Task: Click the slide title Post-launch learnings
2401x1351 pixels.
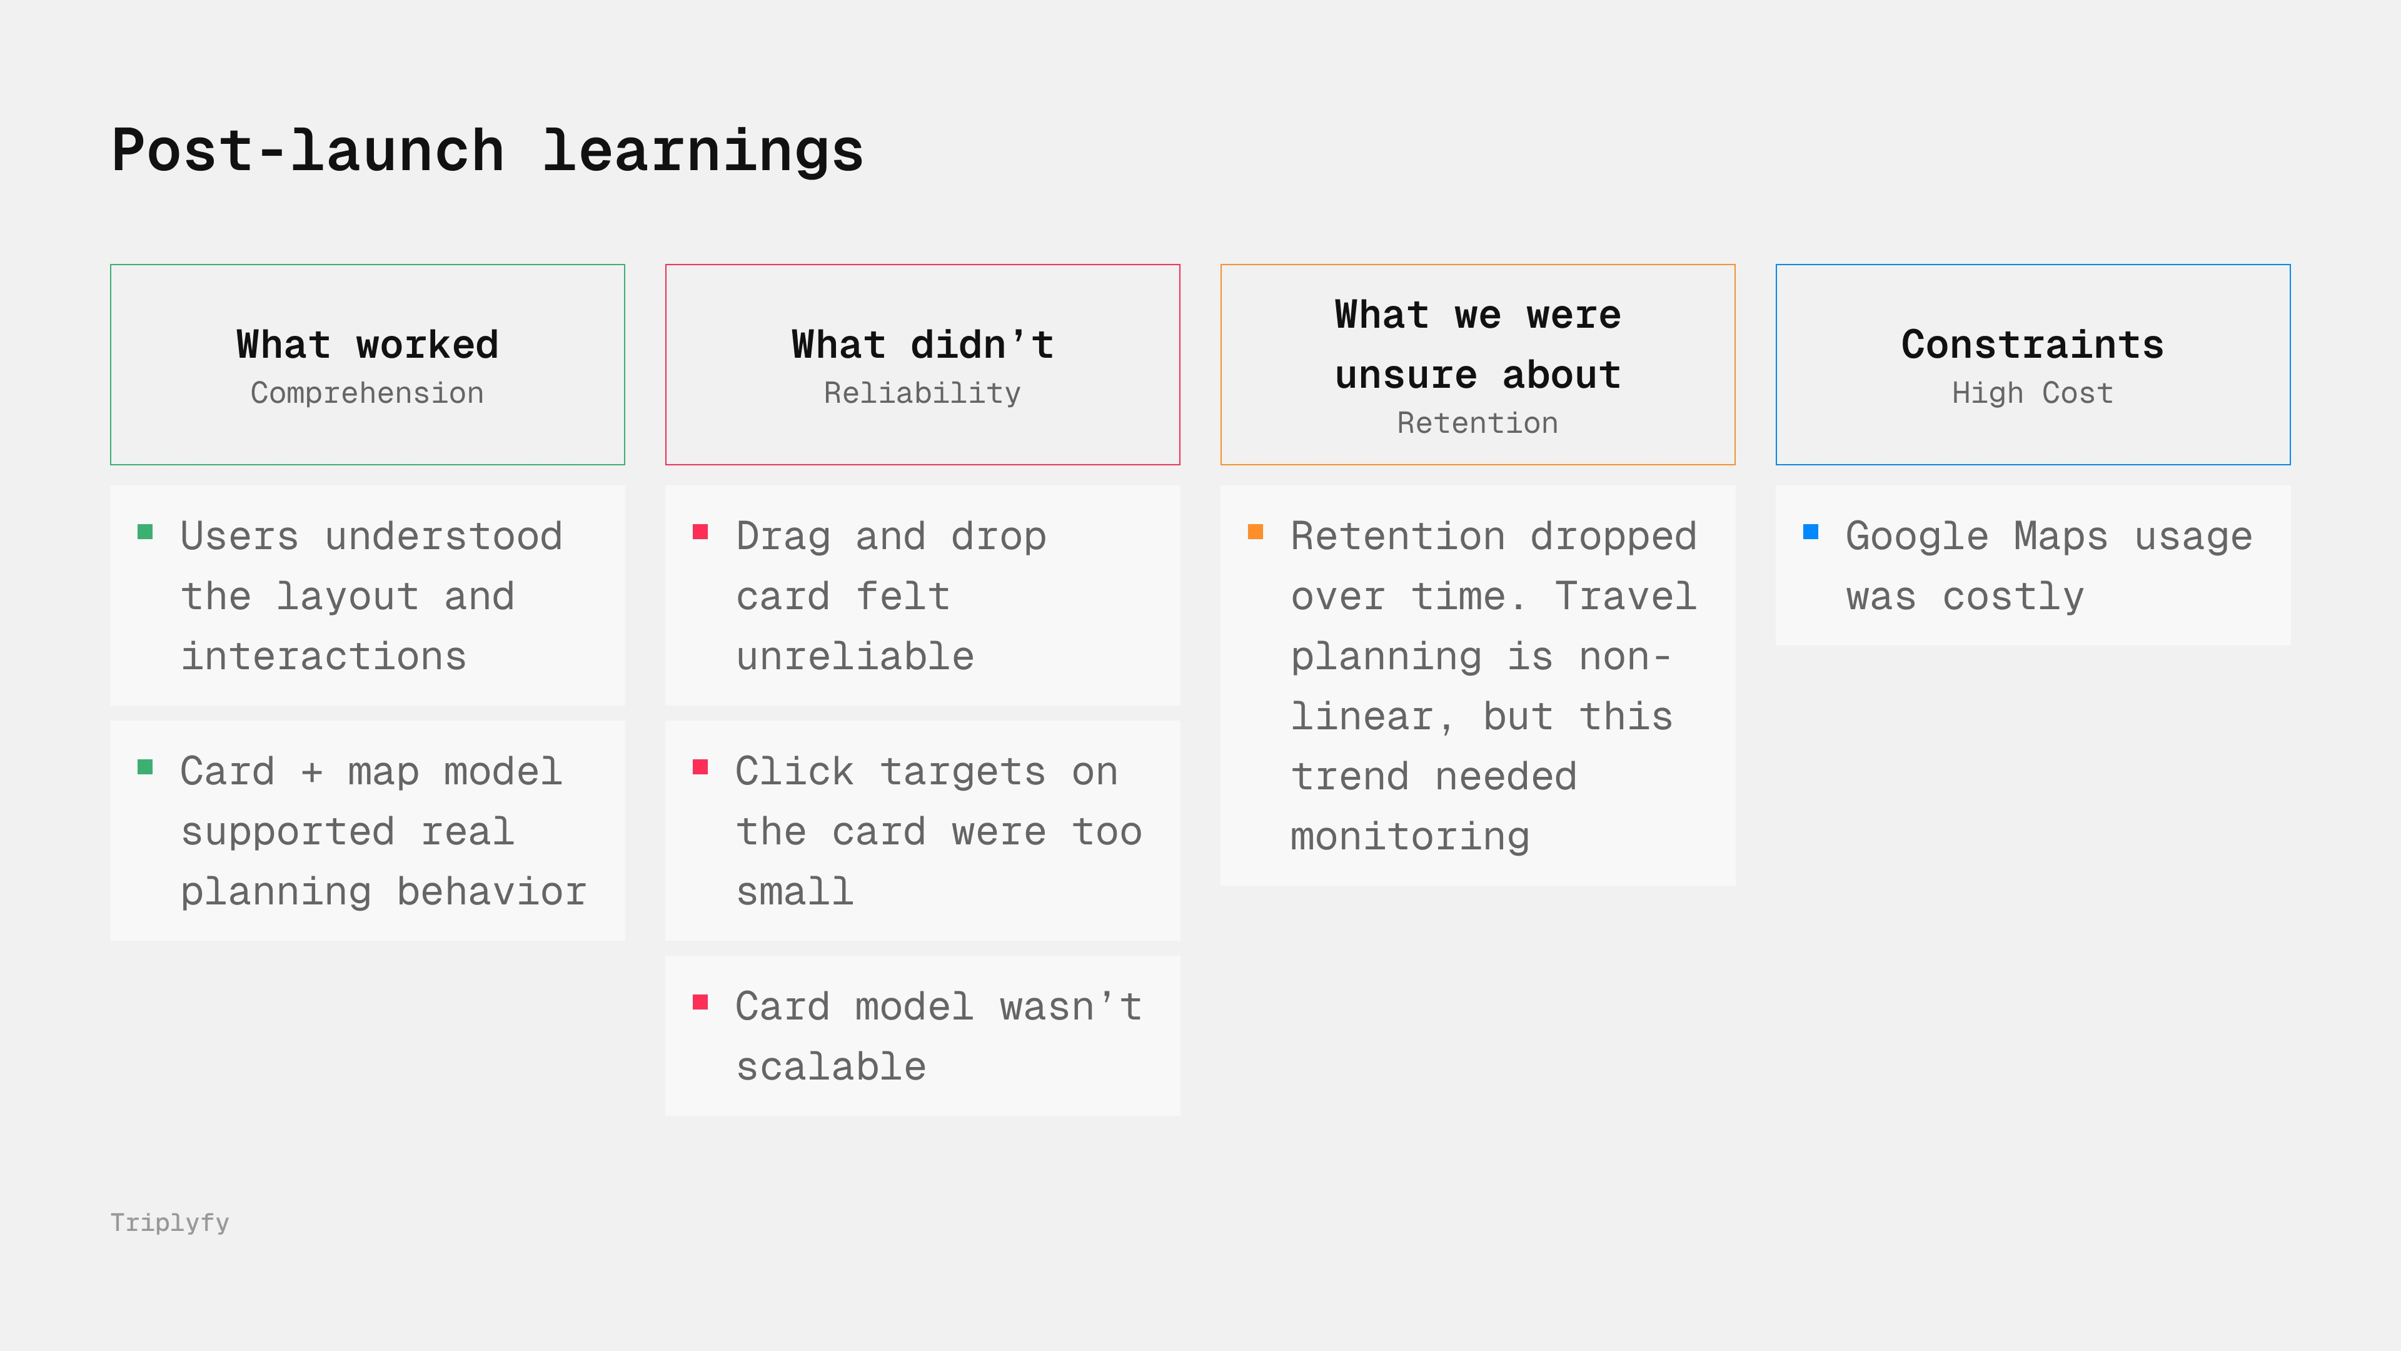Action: click(488, 151)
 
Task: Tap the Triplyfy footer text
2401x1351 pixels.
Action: click(169, 1222)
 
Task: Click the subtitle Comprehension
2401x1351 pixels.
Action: click(367, 393)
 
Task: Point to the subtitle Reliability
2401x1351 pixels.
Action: click(922, 393)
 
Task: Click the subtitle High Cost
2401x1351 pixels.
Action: click(2032, 393)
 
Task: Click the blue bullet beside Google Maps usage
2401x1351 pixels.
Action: click(1810, 532)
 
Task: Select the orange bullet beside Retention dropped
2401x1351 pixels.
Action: click(1256, 532)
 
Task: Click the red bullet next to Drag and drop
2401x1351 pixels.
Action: click(700, 532)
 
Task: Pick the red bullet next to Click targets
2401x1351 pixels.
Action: click(700, 766)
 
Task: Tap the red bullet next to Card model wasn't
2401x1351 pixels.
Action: click(700, 1002)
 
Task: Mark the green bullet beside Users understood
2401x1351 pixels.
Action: click(144, 532)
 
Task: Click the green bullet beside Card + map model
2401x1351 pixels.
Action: click(144, 766)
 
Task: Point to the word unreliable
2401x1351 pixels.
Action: click(855, 655)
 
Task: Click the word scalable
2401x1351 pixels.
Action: click(832, 1066)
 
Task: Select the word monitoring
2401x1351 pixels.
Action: click(1409, 836)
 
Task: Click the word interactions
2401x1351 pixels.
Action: click(323, 655)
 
